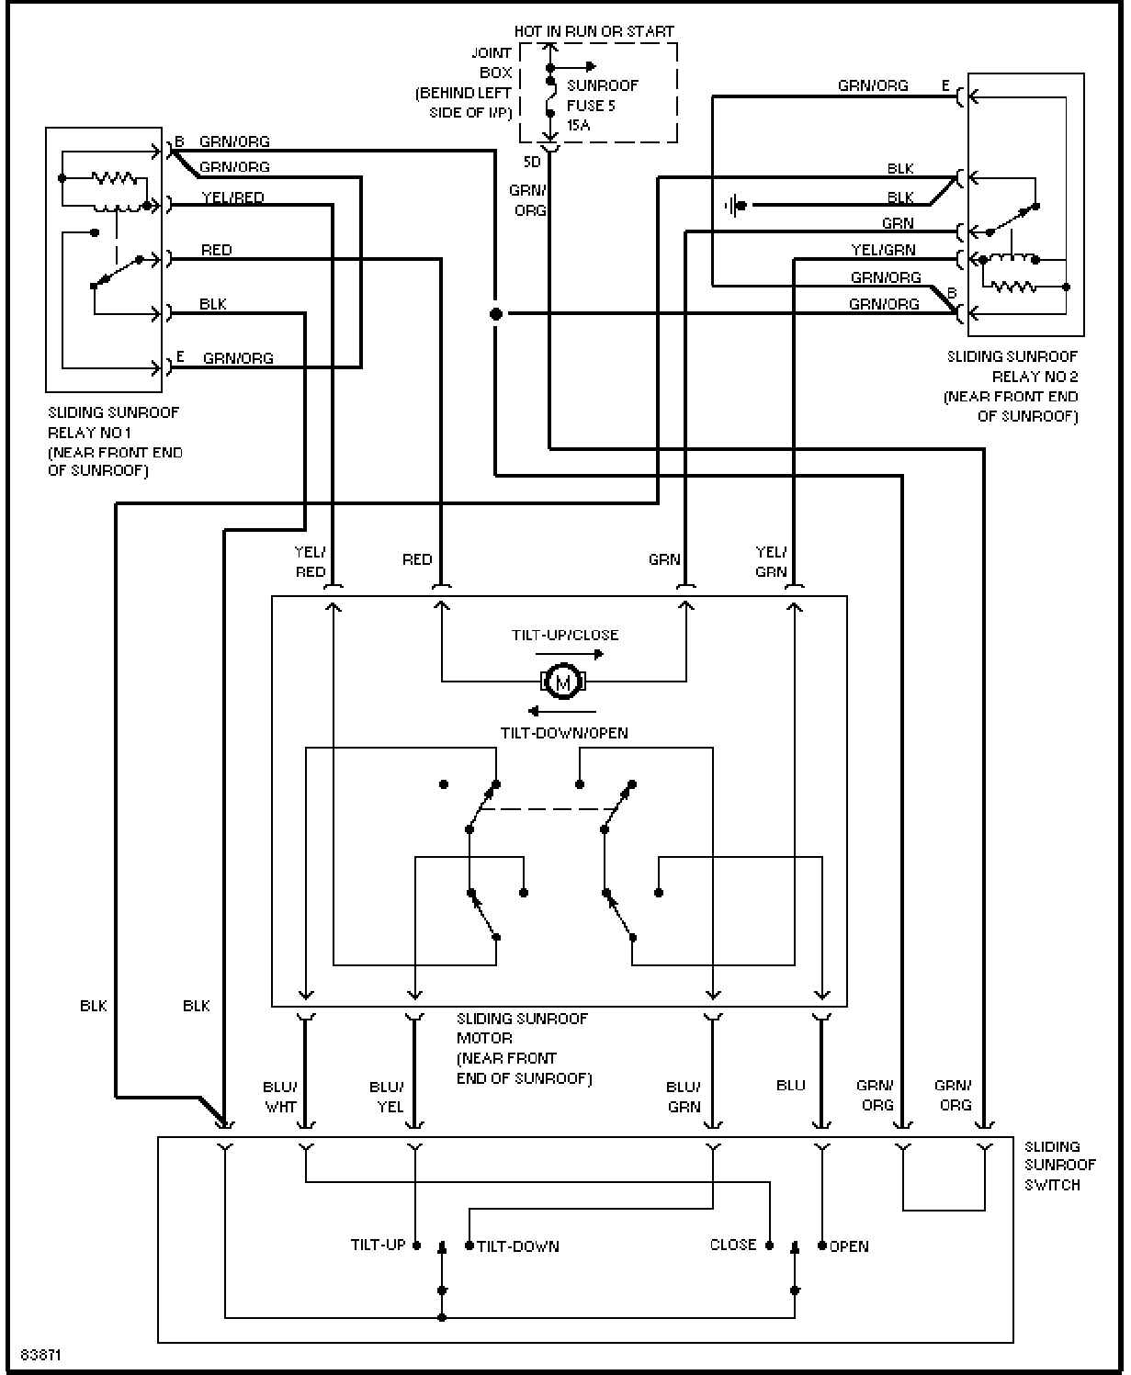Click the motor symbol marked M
(x=563, y=682)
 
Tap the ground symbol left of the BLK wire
(x=735, y=206)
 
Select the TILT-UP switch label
(x=379, y=1245)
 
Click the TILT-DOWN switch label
(x=518, y=1245)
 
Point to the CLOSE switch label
(x=733, y=1245)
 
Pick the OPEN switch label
(x=849, y=1245)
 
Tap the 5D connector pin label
(x=532, y=162)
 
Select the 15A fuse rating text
(x=578, y=125)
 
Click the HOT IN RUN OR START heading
(x=594, y=31)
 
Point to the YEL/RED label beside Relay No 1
(x=232, y=197)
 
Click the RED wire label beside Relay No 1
(x=217, y=250)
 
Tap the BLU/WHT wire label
(x=280, y=1097)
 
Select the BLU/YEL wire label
(x=387, y=1097)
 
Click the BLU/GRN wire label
(x=684, y=1097)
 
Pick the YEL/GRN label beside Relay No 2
(x=883, y=250)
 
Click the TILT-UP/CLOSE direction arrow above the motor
(x=570, y=653)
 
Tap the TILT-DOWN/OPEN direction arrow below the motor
(x=561, y=711)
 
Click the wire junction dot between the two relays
(x=496, y=314)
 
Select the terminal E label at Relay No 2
(x=945, y=85)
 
